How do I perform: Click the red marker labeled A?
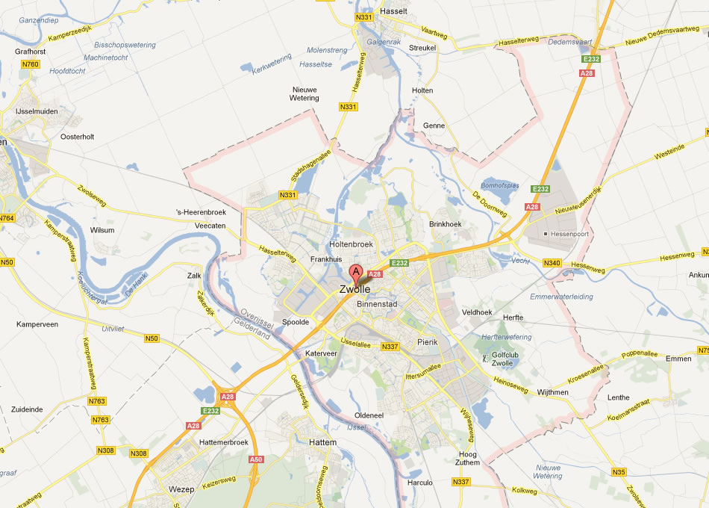(x=357, y=273)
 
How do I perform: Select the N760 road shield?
(x=31, y=64)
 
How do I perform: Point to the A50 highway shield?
(x=256, y=459)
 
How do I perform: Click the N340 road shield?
(x=552, y=262)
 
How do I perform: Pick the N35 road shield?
(x=619, y=471)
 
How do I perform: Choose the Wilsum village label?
(x=102, y=230)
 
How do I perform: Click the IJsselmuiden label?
(x=37, y=111)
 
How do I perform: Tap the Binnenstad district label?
(x=378, y=304)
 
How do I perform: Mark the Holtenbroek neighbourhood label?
(x=350, y=244)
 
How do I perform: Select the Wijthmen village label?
(x=552, y=391)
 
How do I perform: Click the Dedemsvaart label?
(x=549, y=43)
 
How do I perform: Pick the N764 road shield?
(x=7, y=218)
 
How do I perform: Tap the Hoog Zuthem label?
(x=467, y=458)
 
